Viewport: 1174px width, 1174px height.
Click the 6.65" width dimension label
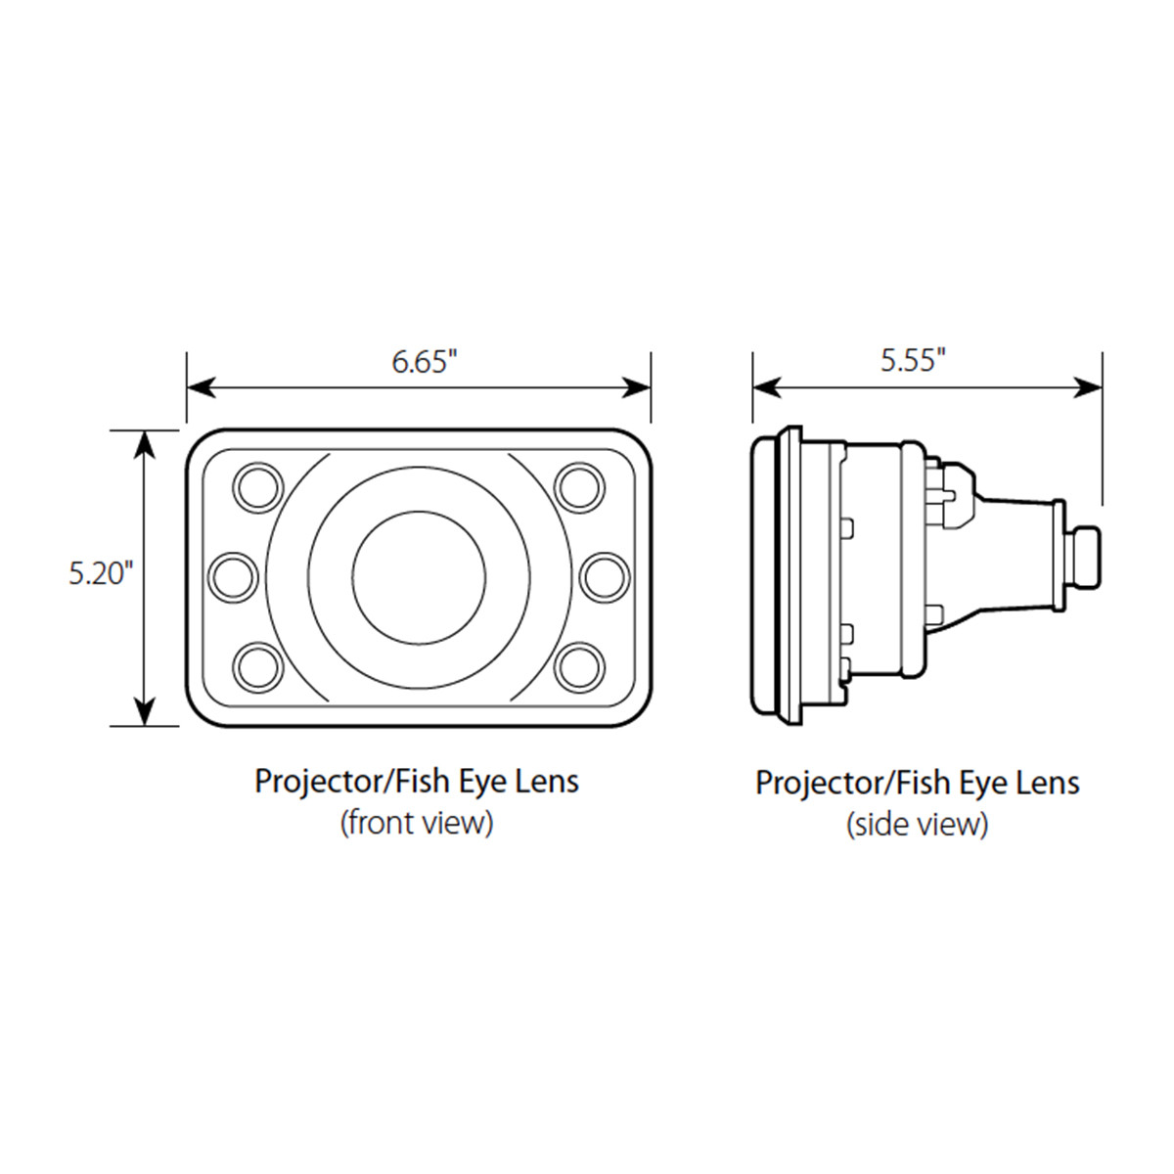[x=425, y=361]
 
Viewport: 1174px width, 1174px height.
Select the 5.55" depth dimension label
[x=913, y=360]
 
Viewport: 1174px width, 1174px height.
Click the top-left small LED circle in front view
[x=257, y=485]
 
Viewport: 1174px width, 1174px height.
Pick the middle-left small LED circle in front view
[x=234, y=576]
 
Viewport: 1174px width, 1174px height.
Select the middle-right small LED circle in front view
[x=604, y=576]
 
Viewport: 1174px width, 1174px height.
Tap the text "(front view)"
[x=417, y=823]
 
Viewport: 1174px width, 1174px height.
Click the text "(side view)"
[x=917, y=825]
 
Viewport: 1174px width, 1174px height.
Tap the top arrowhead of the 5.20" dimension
[x=145, y=443]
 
